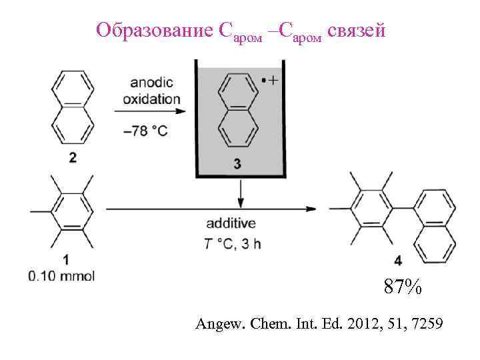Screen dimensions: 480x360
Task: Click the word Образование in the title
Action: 154,31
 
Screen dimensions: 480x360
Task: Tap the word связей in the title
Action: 357,31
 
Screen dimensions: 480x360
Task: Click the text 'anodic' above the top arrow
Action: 151,83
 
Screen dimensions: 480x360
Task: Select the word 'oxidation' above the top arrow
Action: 151,99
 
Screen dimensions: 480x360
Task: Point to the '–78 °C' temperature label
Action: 145,131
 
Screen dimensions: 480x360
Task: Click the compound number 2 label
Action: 72,158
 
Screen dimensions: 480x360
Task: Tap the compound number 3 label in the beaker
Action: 238,165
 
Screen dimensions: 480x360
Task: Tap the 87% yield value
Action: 402,287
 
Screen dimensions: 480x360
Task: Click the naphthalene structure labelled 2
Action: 72,109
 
